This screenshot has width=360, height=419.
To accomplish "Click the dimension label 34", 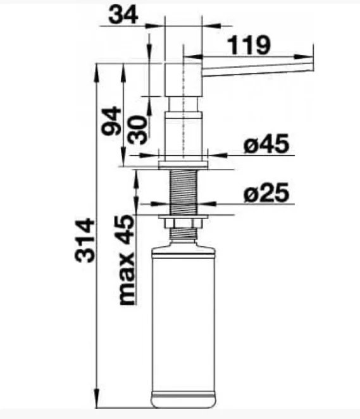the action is point(123,15).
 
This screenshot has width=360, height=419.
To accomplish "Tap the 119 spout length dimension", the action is point(249,45).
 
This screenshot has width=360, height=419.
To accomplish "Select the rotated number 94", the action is point(111,121).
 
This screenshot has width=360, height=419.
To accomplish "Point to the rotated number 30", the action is point(137,130).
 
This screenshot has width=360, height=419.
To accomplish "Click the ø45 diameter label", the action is point(266,144).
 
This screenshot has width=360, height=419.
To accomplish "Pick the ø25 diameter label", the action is point(266,192).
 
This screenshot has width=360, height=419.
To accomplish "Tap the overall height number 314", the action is point(85,241).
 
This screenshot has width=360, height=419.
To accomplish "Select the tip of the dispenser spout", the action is point(313,67).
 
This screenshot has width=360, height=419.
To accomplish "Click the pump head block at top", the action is point(183,80).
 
